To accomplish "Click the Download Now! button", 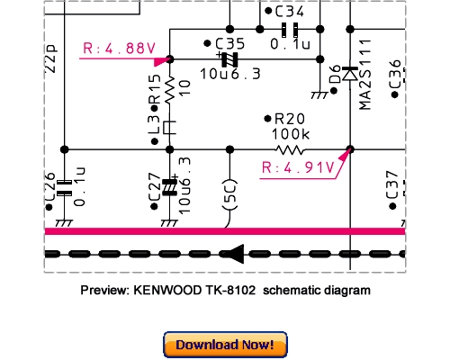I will pyautogui.click(x=225, y=345).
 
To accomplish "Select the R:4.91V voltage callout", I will pyautogui.click(x=293, y=166).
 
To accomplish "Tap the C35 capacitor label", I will pyautogui.click(x=230, y=42).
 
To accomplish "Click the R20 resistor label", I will pyautogui.click(x=290, y=119).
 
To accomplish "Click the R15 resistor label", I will pyautogui.click(x=155, y=89).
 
